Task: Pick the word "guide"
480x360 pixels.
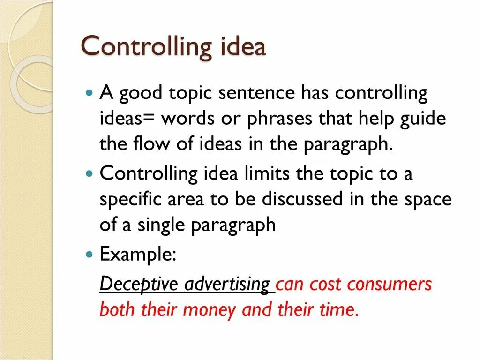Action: pos(424,119)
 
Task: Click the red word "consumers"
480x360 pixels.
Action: pos(393,284)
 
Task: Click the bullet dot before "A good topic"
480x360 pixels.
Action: pos(90,93)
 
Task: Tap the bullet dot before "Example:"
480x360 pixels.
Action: pos(90,255)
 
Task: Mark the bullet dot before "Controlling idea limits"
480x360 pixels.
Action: pos(90,173)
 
